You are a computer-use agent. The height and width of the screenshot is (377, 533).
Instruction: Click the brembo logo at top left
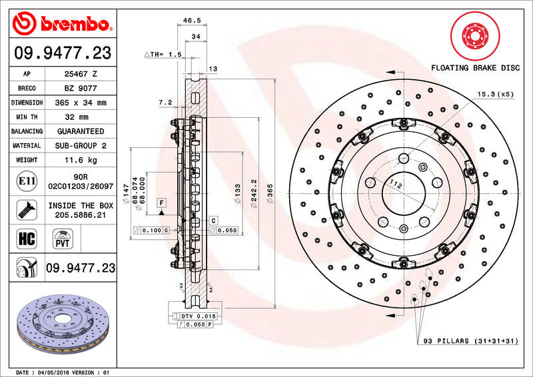(62, 25)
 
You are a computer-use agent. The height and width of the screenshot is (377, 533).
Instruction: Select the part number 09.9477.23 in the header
(62, 53)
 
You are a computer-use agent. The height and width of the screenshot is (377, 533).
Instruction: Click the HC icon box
(25, 236)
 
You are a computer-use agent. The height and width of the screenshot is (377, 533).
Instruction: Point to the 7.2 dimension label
(166, 102)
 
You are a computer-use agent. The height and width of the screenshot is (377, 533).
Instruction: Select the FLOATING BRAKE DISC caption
(474, 68)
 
